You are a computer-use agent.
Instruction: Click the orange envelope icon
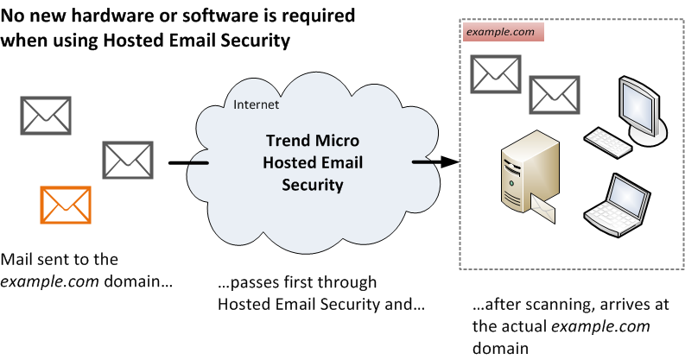coord(65,205)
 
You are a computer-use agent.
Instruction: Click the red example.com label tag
coord(501,33)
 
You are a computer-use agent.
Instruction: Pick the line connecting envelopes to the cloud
coord(188,162)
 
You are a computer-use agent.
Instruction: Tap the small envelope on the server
coord(545,207)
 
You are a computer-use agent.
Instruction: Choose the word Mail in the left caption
coord(18,259)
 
